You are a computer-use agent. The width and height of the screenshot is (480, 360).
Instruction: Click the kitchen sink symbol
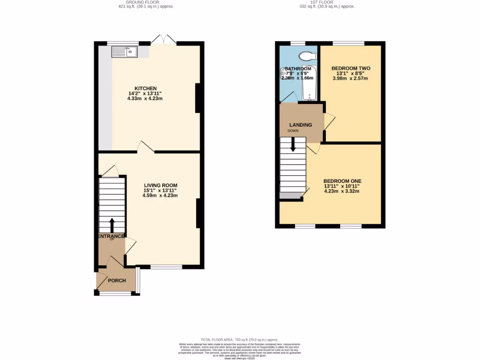click(124, 52)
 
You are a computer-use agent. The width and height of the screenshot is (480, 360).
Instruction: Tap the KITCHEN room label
click(145, 88)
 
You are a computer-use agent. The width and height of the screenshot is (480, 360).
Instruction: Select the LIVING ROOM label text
click(160, 185)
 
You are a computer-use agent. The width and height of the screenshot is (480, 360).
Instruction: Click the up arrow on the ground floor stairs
click(112, 225)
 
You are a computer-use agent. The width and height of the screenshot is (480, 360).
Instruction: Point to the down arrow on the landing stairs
click(293, 145)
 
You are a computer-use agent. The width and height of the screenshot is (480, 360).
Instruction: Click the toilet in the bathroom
click(307, 56)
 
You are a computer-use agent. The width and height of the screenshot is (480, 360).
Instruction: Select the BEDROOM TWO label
click(351, 68)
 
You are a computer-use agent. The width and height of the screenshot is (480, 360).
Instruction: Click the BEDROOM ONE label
click(342, 181)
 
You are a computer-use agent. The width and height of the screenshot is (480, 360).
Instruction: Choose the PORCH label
click(117, 281)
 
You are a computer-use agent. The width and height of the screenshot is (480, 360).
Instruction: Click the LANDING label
click(300, 125)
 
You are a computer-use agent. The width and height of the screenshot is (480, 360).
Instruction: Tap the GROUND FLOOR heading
click(145, 2)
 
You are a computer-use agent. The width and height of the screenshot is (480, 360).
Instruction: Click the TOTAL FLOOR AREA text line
click(240, 339)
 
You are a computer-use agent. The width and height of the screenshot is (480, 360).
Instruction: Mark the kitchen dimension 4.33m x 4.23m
click(145, 98)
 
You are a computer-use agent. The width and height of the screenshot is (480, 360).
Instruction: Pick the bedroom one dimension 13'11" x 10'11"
click(342, 186)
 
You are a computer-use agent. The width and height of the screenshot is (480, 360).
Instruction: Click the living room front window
click(166, 267)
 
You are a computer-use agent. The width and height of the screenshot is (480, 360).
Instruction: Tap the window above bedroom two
click(348, 44)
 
